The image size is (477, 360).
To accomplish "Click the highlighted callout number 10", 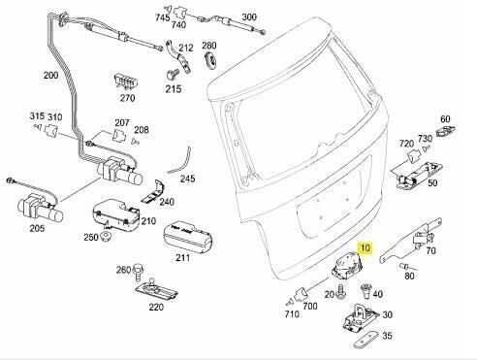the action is [365, 248].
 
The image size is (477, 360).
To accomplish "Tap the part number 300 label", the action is [249, 17].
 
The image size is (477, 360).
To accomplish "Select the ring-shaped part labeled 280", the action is [210, 59].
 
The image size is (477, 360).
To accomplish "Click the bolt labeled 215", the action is [172, 75].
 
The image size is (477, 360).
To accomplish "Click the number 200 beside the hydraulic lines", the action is [51, 76].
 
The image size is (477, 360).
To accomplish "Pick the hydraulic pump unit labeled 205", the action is [40, 208].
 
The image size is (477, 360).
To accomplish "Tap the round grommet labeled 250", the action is [107, 238].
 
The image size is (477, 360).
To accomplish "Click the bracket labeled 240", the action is [154, 193].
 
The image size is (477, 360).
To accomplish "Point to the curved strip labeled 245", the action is [181, 161].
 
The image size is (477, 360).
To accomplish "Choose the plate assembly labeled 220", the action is [156, 290].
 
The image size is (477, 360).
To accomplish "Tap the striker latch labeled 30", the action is [360, 318].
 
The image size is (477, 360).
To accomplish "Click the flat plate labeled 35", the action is [366, 341].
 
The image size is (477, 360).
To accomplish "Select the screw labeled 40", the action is [366, 291].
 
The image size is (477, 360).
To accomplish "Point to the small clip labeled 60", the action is [446, 132].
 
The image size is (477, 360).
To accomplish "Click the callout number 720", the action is [406, 144].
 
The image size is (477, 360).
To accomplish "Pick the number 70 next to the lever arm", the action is [430, 250].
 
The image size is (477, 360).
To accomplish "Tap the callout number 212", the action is [186, 48].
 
